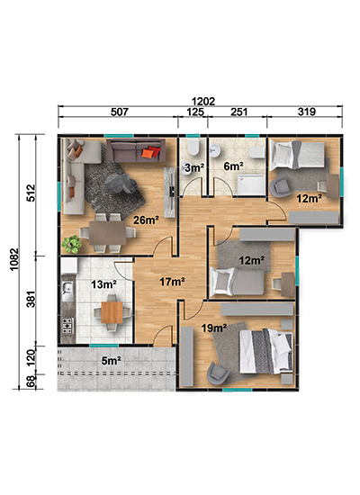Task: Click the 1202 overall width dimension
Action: [203, 102]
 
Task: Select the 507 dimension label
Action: [120, 112]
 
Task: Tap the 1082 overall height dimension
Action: [14, 259]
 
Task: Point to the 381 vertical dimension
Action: [31, 300]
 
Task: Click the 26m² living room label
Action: [146, 220]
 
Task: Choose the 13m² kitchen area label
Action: [103, 284]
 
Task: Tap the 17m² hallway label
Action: [172, 282]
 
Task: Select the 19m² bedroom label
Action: [214, 328]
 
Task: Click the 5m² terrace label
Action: [112, 360]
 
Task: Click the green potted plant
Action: [72, 244]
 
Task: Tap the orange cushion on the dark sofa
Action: [148, 153]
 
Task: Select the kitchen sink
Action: [67, 291]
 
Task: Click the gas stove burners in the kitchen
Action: [67, 326]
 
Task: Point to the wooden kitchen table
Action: [112, 312]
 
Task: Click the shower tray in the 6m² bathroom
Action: [251, 184]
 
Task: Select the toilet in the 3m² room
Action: [193, 147]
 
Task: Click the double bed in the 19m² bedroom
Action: [265, 351]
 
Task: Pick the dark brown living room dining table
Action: [108, 233]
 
